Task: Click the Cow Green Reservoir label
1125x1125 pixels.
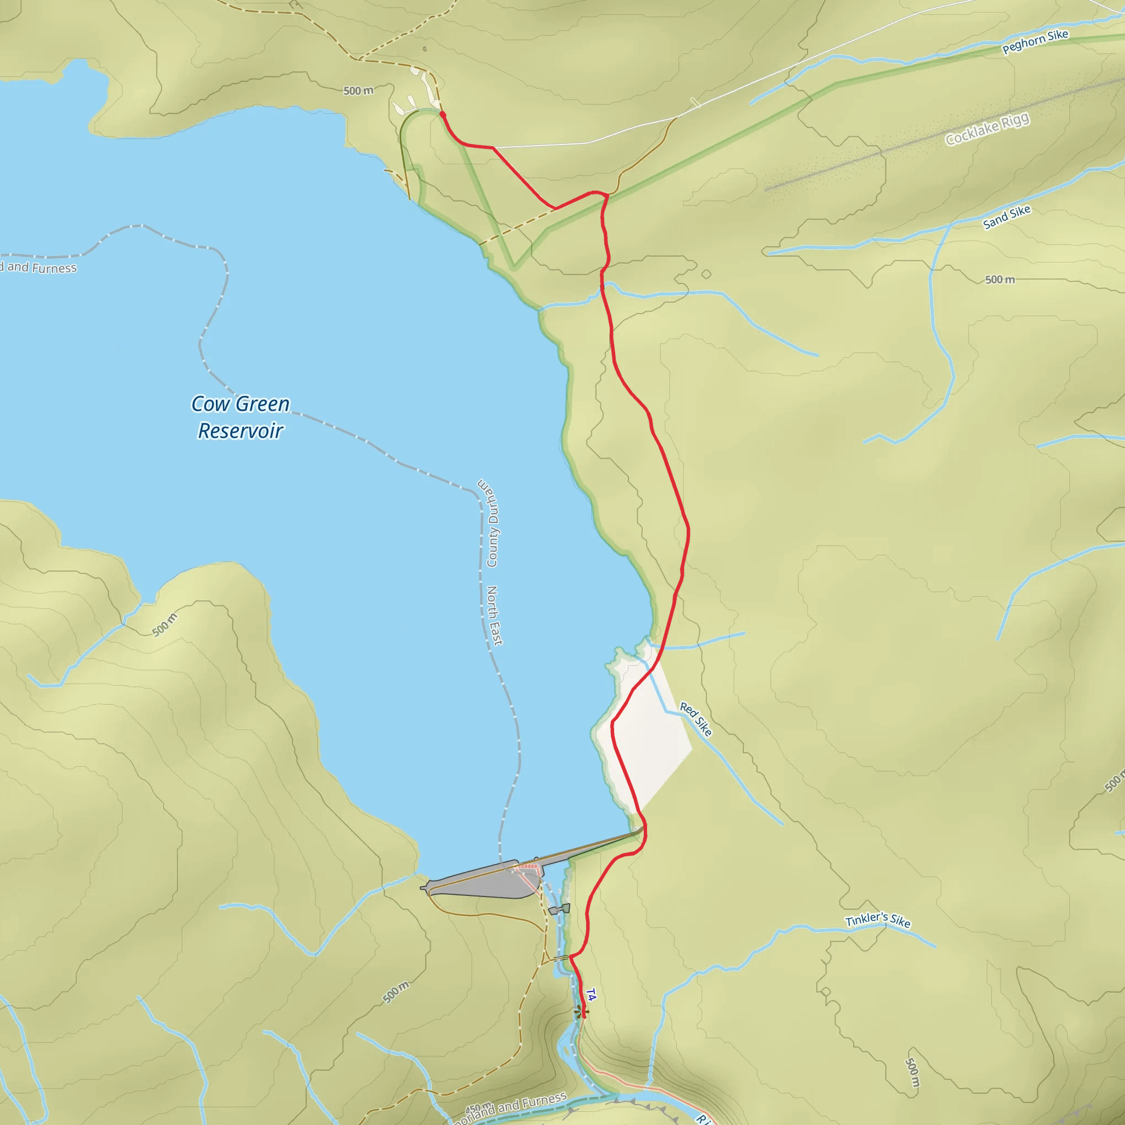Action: pyautogui.click(x=241, y=417)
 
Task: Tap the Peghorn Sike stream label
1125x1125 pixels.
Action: pyautogui.click(x=1035, y=41)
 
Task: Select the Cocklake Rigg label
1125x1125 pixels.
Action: pyautogui.click(x=987, y=129)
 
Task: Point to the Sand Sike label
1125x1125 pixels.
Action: pyautogui.click(x=1006, y=216)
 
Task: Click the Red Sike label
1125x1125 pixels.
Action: pyautogui.click(x=696, y=719)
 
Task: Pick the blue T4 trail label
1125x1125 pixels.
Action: pyautogui.click(x=591, y=995)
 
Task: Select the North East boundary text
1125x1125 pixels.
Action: pyautogui.click(x=494, y=615)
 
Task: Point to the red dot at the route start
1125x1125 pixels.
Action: pyautogui.click(x=443, y=115)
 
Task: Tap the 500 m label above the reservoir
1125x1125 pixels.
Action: pyautogui.click(x=358, y=91)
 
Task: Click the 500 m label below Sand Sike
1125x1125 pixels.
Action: pyautogui.click(x=1000, y=280)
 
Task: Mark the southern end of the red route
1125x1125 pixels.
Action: pyautogui.click(x=583, y=1016)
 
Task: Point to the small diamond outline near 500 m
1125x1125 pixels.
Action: pyautogui.click(x=706, y=274)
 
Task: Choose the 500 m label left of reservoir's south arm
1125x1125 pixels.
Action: pyautogui.click(x=165, y=625)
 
